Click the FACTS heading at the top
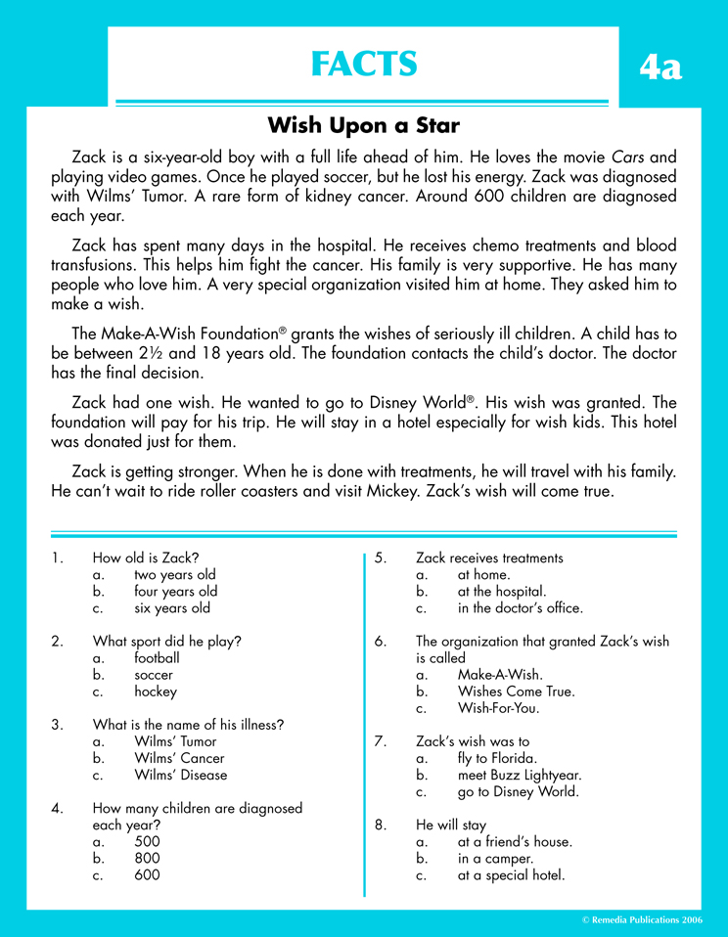coord(363,64)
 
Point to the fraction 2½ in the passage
coord(152,353)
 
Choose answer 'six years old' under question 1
coord(172,607)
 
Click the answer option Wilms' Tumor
coord(177,741)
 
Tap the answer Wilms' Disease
coord(180,775)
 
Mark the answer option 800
coord(147,858)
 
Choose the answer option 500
coord(147,841)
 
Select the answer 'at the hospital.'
coord(501,591)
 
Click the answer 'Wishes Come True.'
coord(516,691)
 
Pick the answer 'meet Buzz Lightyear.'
coord(520,775)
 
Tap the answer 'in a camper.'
coord(495,858)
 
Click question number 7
coord(382,741)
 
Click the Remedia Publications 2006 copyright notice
coord(642,920)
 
